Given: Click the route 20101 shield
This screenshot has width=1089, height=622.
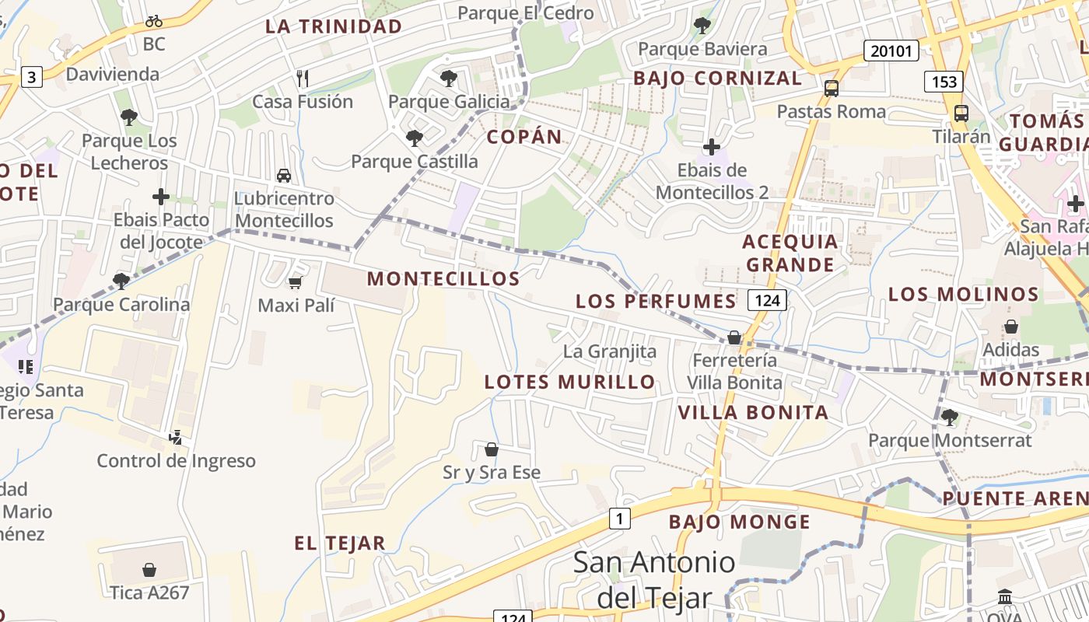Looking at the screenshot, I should pyautogui.click(x=891, y=51).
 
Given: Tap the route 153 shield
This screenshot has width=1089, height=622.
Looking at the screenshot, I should pyautogui.click(x=944, y=82).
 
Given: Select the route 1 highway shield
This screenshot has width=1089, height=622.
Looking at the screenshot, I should pyautogui.click(x=619, y=519).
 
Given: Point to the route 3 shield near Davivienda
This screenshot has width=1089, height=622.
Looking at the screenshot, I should pyautogui.click(x=31, y=77).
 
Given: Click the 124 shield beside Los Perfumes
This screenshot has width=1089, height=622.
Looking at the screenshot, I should pyautogui.click(x=768, y=300).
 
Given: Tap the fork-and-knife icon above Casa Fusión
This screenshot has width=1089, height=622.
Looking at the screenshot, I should pyautogui.click(x=303, y=78).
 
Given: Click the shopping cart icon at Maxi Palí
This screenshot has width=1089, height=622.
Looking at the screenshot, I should pyautogui.click(x=295, y=282).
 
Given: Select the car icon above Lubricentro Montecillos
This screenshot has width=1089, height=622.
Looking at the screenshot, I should pyautogui.click(x=284, y=176).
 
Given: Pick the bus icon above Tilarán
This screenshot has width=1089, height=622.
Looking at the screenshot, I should pyautogui.click(x=961, y=114).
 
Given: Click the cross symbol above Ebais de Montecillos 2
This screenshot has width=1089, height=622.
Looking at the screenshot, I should pyautogui.click(x=711, y=147).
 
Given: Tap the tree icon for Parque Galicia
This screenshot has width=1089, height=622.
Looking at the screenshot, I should pyautogui.click(x=448, y=78).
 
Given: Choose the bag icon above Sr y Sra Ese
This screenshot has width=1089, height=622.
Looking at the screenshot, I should pyautogui.click(x=492, y=449).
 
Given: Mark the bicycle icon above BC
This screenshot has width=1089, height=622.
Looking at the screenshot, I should pyautogui.click(x=154, y=21).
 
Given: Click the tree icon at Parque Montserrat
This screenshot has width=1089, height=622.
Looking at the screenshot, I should pyautogui.click(x=949, y=418).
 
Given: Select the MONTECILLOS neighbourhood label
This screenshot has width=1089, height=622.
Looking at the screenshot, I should pyautogui.click(x=443, y=278).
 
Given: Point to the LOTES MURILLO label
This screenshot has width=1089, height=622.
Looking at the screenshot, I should pyautogui.click(x=570, y=382).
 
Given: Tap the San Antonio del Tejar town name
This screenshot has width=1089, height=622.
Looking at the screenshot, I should pyautogui.click(x=654, y=579).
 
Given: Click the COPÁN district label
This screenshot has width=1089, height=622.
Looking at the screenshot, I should pyautogui.click(x=524, y=137).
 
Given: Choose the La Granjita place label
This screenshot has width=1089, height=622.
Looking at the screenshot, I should pyautogui.click(x=610, y=351).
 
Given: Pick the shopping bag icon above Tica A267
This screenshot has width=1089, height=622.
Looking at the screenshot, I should pyautogui.click(x=149, y=570).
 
